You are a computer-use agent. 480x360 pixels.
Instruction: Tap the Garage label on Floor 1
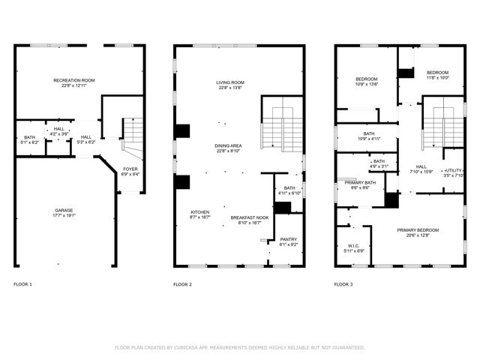[x=64, y=209]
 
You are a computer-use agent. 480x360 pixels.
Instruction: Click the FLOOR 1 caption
[x=23, y=284]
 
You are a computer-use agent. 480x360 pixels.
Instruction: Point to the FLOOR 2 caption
[x=182, y=284]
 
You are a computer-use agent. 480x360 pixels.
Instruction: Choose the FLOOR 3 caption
[x=343, y=284]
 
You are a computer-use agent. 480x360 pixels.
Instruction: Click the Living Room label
[x=230, y=82]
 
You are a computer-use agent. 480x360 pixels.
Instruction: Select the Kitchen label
[x=199, y=211]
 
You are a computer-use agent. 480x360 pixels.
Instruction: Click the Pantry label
[x=288, y=240]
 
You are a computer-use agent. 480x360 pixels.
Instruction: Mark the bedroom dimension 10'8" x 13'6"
[x=367, y=84]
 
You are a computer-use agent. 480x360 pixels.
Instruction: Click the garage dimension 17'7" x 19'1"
[x=64, y=214]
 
